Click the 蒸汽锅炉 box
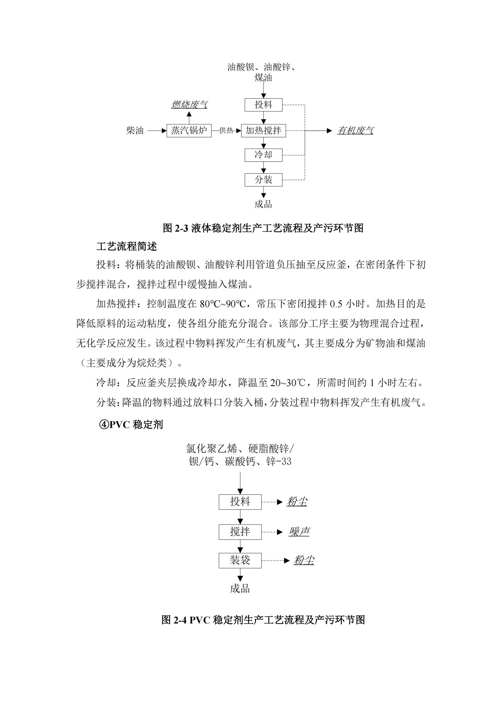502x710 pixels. [x=189, y=131]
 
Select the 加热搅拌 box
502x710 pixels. [x=263, y=131]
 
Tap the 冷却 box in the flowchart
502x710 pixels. [x=263, y=155]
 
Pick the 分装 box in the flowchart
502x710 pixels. [x=263, y=180]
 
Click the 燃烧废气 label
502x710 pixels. [x=189, y=104]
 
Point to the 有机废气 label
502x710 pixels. [x=355, y=131]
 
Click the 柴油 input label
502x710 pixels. [x=135, y=131]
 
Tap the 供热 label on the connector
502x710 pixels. [x=226, y=131]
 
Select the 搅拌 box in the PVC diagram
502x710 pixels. [x=240, y=532]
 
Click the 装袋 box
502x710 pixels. [x=240, y=560]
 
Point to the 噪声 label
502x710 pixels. [x=299, y=532]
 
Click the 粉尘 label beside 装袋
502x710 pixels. [x=304, y=560]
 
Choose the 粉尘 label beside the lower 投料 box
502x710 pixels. [x=297, y=502]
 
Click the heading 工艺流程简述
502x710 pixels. [x=127, y=246]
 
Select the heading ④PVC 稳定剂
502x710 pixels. [x=131, y=425]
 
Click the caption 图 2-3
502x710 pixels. [x=263, y=228]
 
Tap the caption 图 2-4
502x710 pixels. [x=263, y=620]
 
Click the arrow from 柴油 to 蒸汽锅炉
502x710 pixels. [x=157, y=131]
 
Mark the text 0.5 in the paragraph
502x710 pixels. [x=336, y=304]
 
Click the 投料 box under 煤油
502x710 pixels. [x=263, y=105]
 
